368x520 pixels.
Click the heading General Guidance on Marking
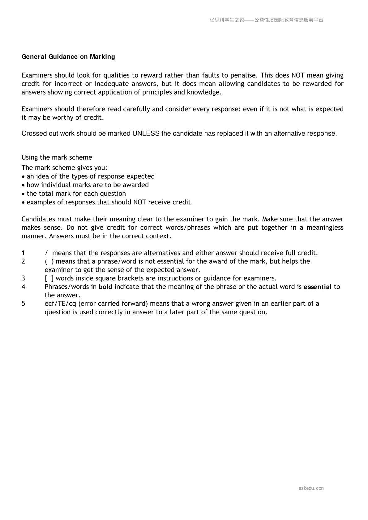[68, 57]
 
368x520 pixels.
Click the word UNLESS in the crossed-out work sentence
[146, 134]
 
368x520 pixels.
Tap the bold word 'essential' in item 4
[318, 287]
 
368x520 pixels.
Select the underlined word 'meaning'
[181, 287]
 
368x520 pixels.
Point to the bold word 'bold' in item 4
[105, 287]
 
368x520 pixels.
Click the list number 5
[23, 304]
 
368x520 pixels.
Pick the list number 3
[23, 278]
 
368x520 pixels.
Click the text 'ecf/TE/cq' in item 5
[60, 304]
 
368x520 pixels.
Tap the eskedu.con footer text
[311, 488]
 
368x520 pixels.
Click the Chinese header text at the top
[266, 20]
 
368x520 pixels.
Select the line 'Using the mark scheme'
[57, 157]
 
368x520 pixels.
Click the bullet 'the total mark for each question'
[76, 194]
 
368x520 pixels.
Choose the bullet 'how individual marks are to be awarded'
[88, 185]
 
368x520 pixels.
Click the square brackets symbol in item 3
[49, 278]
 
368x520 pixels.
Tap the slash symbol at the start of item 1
[46, 253]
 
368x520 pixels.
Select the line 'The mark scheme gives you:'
[64, 168]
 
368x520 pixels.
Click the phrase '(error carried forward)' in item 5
[113, 304]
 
